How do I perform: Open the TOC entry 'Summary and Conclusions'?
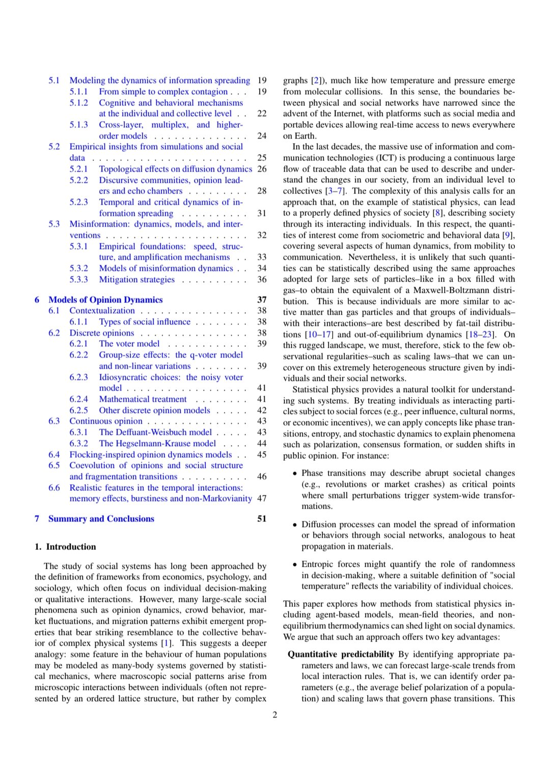[101, 519]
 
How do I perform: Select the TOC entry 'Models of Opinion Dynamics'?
[105, 300]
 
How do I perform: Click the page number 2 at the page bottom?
[275, 715]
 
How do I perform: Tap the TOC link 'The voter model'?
[129, 344]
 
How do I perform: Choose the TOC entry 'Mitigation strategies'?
[136, 280]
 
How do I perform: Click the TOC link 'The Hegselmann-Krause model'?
[157, 444]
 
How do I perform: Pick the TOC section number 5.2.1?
[78, 169]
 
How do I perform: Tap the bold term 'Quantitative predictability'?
[341, 654]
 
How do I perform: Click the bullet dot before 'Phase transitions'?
[294, 474]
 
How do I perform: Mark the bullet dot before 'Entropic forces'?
[294, 565]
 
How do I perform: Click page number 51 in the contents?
[262, 519]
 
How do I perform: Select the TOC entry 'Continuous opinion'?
[106, 421]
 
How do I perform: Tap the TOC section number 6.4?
[54, 455]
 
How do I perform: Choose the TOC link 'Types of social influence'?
[145, 322]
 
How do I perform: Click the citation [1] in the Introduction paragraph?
[166, 643]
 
